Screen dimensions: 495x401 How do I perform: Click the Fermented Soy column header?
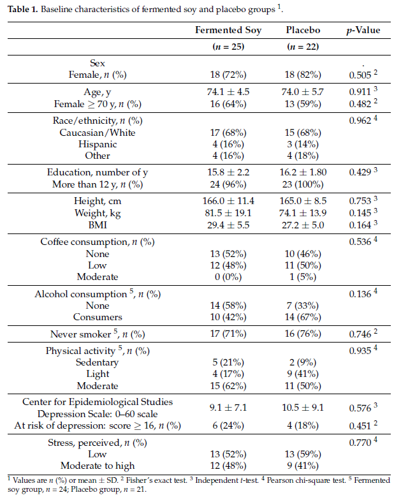point(228,30)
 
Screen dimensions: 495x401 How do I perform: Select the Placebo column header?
point(303,30)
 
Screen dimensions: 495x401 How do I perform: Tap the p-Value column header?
point(363,30)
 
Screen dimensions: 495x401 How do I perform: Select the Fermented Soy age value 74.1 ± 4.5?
point(228,92)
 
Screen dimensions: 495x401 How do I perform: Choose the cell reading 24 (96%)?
point(228,184)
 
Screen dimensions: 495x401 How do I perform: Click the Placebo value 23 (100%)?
point(303,184)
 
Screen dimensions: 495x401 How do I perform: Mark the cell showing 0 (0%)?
point(228,277)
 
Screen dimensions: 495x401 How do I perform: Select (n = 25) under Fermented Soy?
point(228,47)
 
